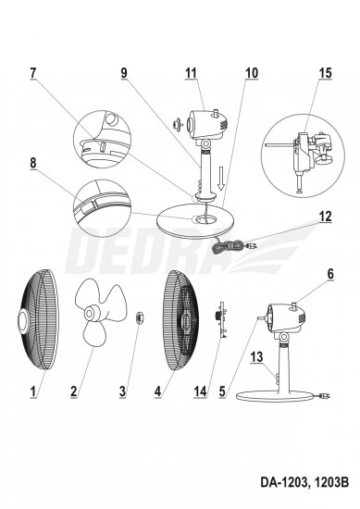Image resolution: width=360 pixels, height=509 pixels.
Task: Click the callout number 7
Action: click(32, 73)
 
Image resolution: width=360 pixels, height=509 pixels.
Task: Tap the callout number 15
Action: click(325, 73)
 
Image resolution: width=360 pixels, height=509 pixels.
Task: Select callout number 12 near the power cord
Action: click(325, 217)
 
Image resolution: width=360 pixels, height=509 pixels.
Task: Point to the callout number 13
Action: click(256, 357)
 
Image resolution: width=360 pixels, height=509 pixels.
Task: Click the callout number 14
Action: click(200, 391)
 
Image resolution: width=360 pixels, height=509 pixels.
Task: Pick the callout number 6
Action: click(330, 274)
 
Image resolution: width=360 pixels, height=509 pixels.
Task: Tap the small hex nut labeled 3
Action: click(140, 317)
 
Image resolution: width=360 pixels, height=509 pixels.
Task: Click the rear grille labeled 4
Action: click(180, 320)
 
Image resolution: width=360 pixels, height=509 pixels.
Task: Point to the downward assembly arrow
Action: click(221, 179)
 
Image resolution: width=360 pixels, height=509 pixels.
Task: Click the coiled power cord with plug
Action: click(232, 245)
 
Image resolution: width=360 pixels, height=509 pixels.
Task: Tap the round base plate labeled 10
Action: click(193, 223)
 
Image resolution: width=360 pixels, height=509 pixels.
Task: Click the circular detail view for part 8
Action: click(102, 208)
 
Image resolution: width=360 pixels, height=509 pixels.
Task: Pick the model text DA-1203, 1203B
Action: click(304, 482)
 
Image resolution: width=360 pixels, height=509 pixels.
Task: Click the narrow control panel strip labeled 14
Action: click(222, 319)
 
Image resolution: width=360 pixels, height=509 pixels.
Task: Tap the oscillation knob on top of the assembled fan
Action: click(294, 305)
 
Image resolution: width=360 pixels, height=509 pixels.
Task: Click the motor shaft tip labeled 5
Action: click(258, 319)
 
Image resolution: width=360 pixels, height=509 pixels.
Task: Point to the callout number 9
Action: click(124, 73)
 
